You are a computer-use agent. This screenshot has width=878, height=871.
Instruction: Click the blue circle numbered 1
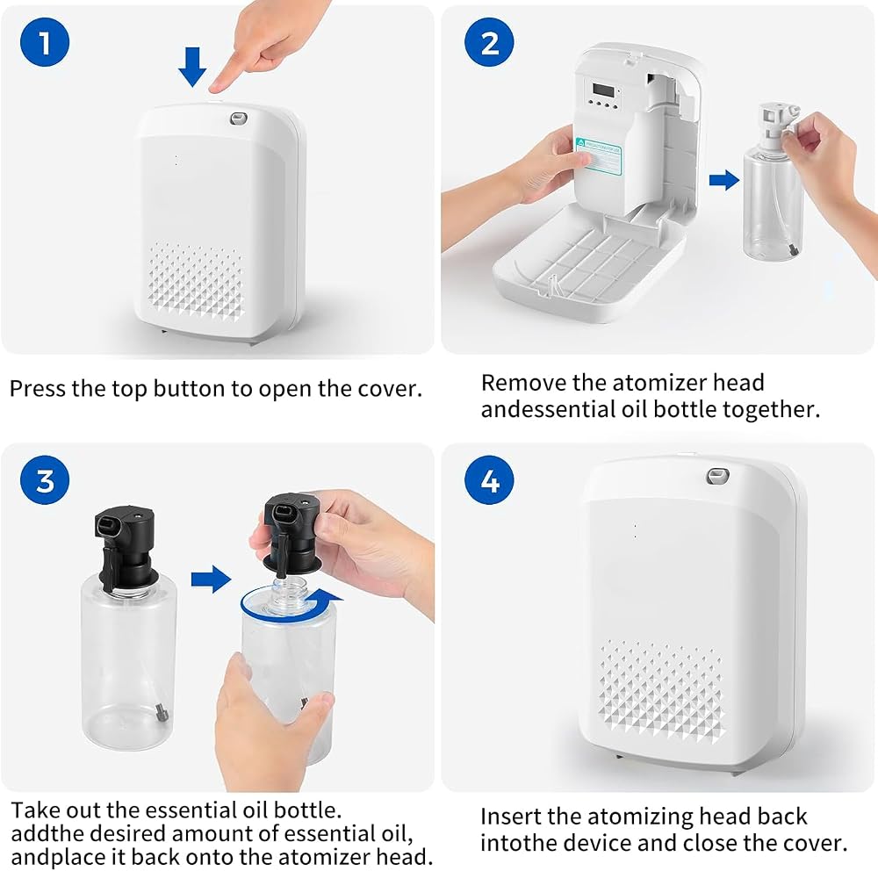(45, 42)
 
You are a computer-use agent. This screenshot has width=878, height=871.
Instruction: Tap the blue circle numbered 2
(489, 42)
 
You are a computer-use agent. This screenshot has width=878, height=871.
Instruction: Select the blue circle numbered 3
(45, 480)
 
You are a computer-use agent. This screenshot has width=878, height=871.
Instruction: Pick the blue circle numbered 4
(489, 480)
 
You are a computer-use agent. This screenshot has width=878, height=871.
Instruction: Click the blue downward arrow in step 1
(192, 67)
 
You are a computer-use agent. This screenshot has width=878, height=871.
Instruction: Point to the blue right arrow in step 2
(724, 180)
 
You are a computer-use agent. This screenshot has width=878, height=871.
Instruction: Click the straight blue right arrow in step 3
(211, 579)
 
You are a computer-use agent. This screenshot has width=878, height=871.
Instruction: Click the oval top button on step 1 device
(239, 119)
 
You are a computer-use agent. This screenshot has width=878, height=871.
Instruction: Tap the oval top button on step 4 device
(717, 476)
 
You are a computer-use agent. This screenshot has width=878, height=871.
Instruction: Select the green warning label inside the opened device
(599, 155)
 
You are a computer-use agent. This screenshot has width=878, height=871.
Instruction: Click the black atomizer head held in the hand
(292, 532)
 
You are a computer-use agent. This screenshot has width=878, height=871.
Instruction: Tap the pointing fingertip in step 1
(215, 87)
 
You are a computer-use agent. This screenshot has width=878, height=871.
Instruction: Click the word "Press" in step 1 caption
(37, 389)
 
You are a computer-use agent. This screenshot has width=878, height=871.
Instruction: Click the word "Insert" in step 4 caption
(510, 817)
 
